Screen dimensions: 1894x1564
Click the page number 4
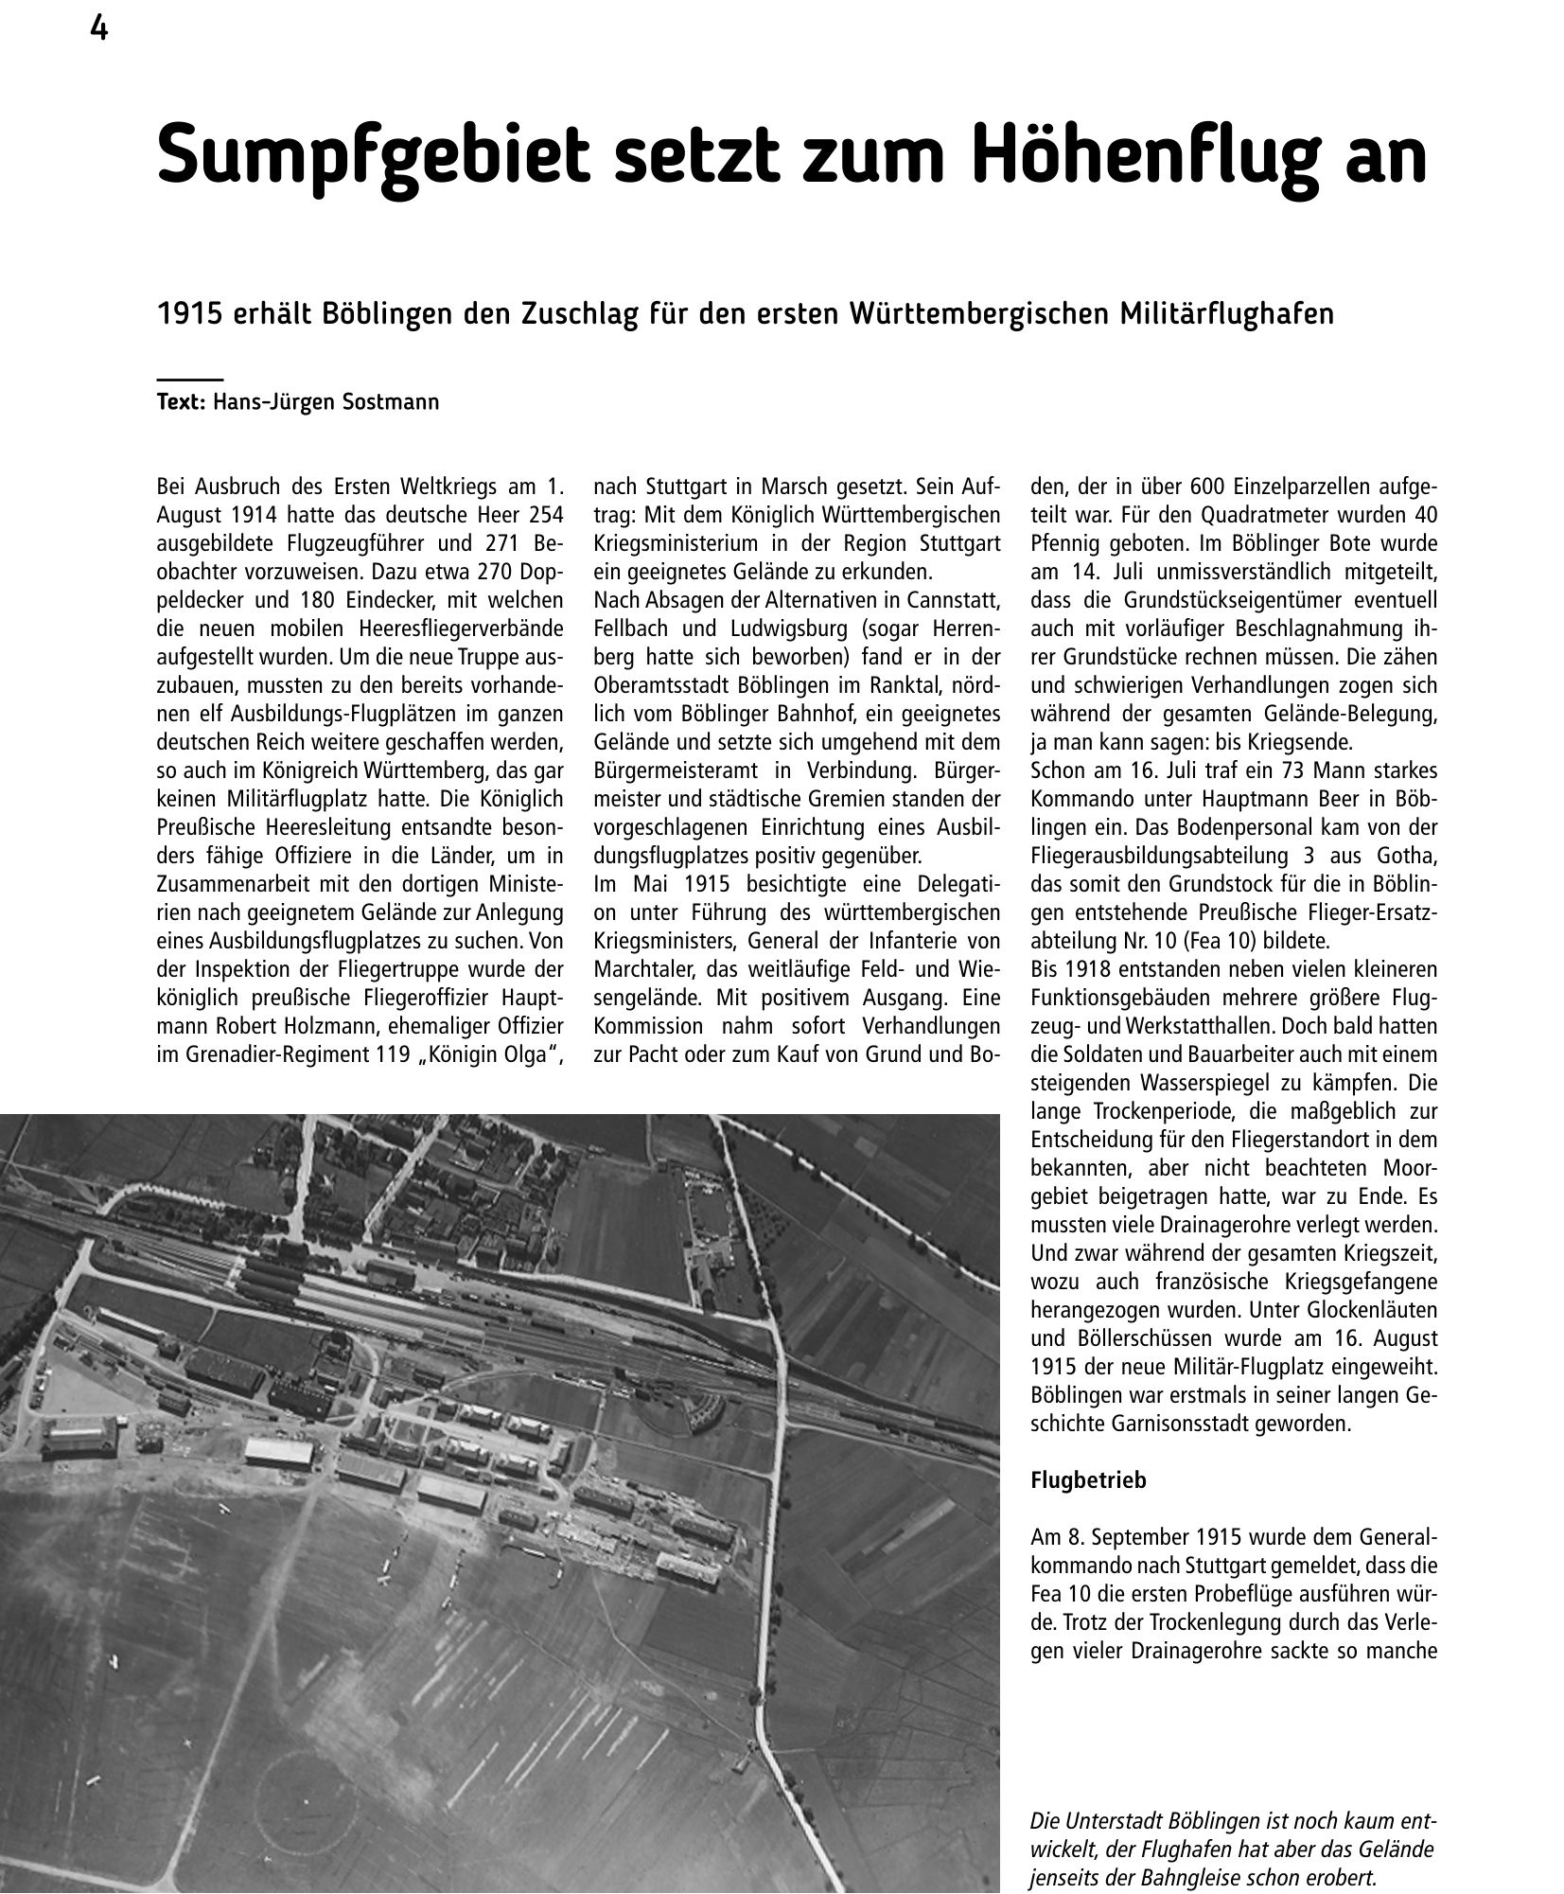pyautogui.click(x=98, y=30)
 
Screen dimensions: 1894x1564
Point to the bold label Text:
pyautogui.click(x=181, y=402)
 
